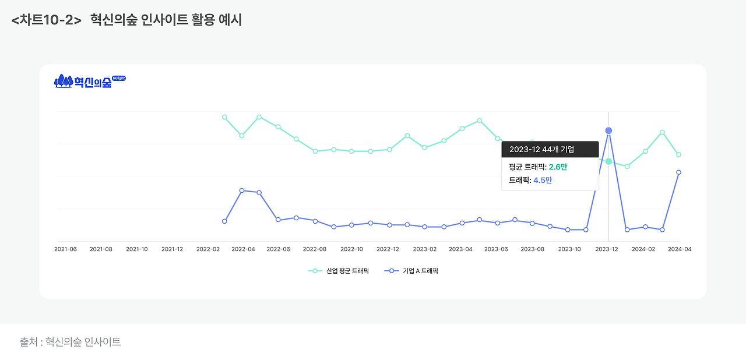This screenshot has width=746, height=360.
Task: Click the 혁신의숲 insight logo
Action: pyautogui.click(x=90, y=82)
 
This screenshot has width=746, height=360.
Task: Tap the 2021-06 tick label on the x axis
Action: pyautogui.click(x=65, y=249)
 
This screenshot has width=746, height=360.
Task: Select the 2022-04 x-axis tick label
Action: pyautogui.click(x=243, y=249)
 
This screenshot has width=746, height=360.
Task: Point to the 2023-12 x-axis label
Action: pyautogui.click(x=606, y=249)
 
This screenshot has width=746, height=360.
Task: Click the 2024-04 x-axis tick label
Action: pyautogui.click(x=679, y=249)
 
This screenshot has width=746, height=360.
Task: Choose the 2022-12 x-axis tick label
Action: pyautogui.click(x=388, y=249)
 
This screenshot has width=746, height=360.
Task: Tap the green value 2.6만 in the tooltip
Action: pyautogui.click(x=558, y=167)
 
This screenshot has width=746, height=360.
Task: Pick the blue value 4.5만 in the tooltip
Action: pyautogui.click(x=543, y=181)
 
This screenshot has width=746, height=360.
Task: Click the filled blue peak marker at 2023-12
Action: pyautogui.click(x=608, y=130)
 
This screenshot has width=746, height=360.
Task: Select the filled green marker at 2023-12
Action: pyautogui.click(x=608, y=161)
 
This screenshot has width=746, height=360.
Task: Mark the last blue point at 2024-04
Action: pyautogui.click(x=678, y=172)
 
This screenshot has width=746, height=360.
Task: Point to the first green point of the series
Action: pyautogui.click(x=224, y=117)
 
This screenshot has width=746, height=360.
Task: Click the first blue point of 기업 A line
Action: pyautogui.click(x=224, y=221)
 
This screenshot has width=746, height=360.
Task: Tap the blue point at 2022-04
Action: pyautogui.click(x=242, y=190)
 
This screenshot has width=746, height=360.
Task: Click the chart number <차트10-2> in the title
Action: pyautogui.click(x=46, y=20)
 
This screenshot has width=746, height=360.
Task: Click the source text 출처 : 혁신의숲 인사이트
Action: pyautogui.click(x=71, y=343)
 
